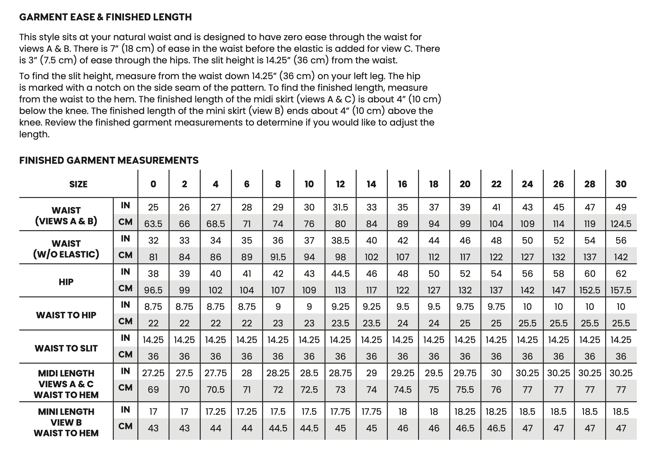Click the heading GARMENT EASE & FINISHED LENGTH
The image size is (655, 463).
(105, 17)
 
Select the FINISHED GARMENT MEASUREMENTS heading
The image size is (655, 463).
(109, 160)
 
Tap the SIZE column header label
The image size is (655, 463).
(78, 184)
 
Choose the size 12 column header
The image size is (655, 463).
(340, 184)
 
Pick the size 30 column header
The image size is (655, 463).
(621, 184)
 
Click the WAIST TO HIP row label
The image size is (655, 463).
(66, 315)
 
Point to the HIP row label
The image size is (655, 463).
(66, 282)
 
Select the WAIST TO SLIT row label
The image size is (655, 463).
(66, 348)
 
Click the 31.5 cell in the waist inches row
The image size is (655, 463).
(340, 207)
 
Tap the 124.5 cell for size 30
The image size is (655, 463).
(621, 224)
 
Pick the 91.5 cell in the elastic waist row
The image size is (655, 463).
(278, 257)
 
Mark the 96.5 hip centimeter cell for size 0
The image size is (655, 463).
(153, 290)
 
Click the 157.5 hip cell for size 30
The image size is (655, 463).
(621, 290)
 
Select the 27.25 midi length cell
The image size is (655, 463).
(153, 373)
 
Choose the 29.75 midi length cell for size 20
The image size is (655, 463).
(465, 373)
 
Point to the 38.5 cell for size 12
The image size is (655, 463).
(340, 240)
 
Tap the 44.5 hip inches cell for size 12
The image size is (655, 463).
(340, 274)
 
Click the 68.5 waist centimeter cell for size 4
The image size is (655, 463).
(216, 224)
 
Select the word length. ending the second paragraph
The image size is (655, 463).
(34, 134)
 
